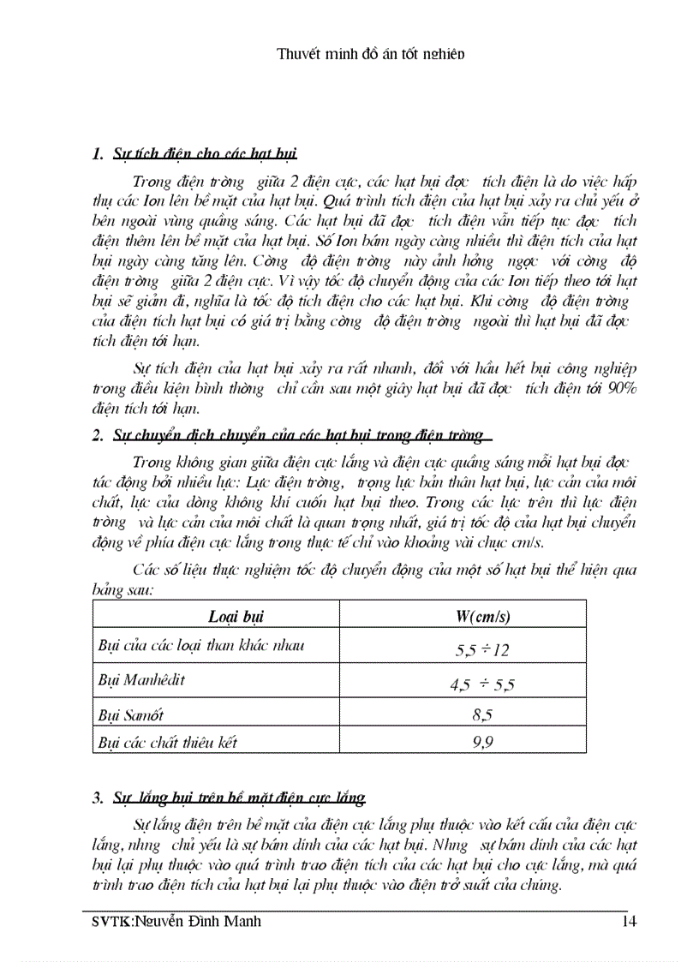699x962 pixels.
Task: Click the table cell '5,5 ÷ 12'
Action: click(482, 650)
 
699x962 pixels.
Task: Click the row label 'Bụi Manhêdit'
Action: click(141, 681)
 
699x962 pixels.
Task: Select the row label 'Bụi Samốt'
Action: click(131, 714)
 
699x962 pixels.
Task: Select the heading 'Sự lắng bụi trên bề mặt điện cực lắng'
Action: click(239, 798)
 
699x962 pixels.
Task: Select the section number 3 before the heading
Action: click(97, 798)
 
